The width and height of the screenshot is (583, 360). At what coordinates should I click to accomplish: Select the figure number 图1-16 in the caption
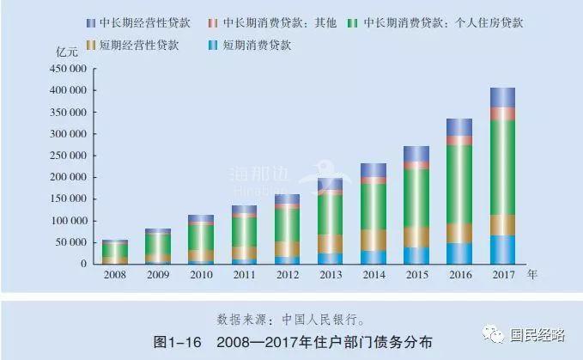tap(178, 342)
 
